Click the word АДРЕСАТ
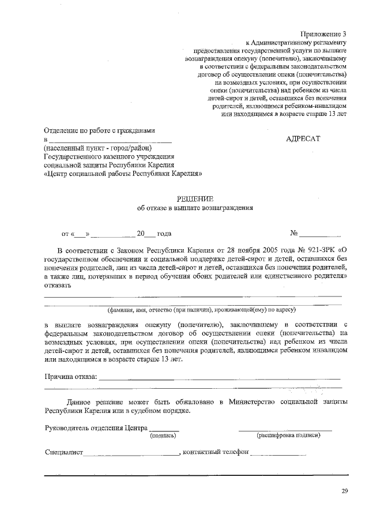[x=303, y=139]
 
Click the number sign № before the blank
[x=294, y=234]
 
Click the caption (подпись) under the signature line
[x=163, y=435]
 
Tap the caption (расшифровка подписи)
[x=288, y=435]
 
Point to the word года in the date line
[x=164, y=234]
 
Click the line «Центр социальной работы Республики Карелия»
[x=123, y=172]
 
